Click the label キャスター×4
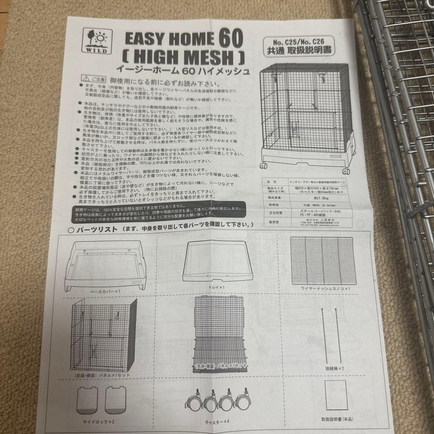(217, 422)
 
